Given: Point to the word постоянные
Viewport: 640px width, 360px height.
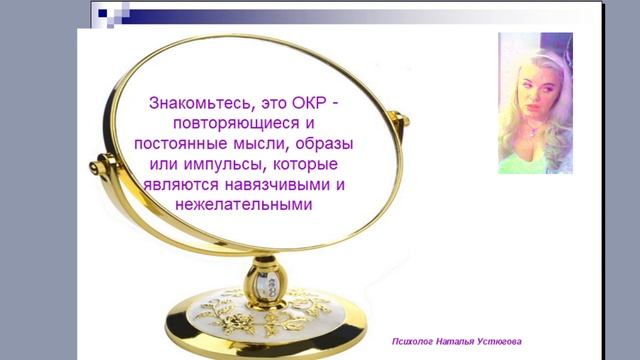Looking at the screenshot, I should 180,143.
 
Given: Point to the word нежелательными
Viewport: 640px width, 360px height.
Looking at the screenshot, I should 243,204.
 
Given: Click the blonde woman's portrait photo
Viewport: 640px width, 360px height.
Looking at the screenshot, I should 535,103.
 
